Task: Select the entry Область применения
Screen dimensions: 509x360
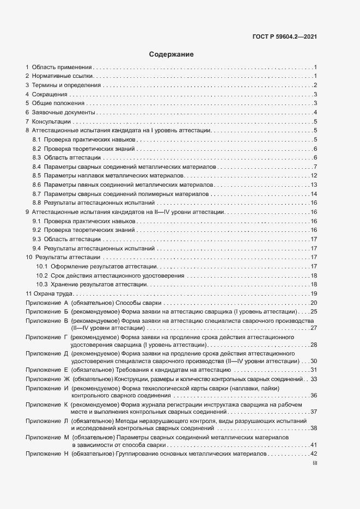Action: click(x=62, y=67)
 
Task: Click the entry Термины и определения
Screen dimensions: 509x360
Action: click(x=66, y=85)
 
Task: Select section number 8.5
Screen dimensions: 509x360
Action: click(x=37, y=175)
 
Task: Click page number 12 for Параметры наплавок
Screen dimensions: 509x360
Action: click(x=314, y=175)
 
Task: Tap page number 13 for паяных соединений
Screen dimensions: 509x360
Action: click(x=314, y=185)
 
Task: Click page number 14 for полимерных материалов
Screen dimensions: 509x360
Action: click(x=314, y=194)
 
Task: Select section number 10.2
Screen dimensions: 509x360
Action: click(x=42, y=275)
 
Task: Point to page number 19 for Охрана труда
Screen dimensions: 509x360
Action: click(x=314, y=294)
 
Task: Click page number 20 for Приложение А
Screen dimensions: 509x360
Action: click(x=314, y=303)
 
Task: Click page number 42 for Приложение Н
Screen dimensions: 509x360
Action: click(x=314, y=453)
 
